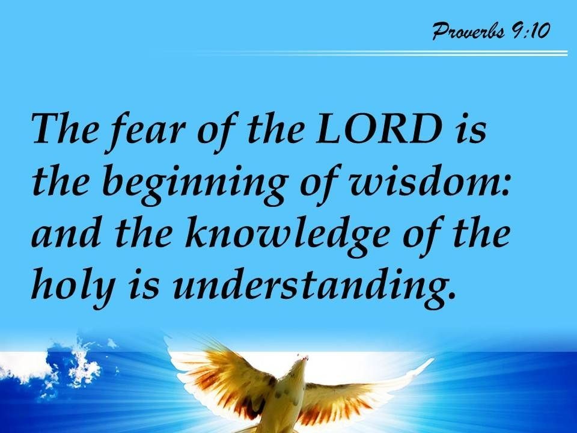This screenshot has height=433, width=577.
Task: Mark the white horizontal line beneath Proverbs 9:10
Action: [x=379, y=53]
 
